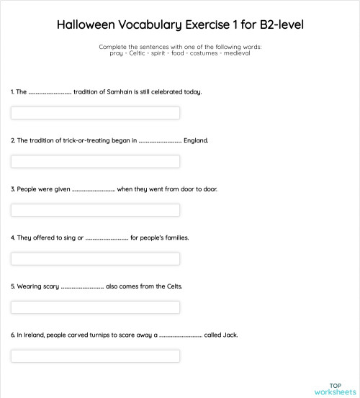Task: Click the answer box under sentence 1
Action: click(x=95, y=113)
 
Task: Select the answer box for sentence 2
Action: click(x=95, y=161)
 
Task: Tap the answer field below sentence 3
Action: click(x=95, y=210)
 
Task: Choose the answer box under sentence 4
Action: click(x=95, y=258)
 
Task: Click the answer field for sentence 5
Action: click(x=95, y=307)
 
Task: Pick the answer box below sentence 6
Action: click(x=95, y=356)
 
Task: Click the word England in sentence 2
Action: click(x=196, y=140)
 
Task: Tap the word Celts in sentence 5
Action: click(x=173, y=286)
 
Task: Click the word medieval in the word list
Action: click(x=236, y=53)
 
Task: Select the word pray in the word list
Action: click(x=117, y=53)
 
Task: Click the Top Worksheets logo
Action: click(x=335, y=389)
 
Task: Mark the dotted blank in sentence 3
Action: click(x=94, y=189)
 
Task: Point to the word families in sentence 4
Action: click(x=175, y=238)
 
